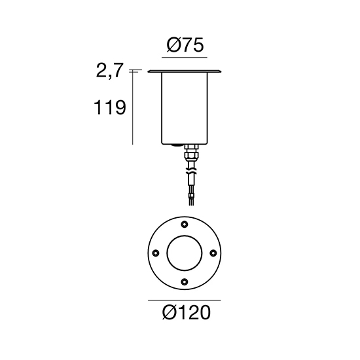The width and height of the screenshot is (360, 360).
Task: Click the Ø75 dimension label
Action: pyautogui.click(x=185, y=45)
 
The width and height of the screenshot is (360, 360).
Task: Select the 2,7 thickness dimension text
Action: pyautogui.click(x=110, y=70)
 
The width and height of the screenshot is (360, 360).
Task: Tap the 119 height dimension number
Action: pyautogui.click(x=110, y=107)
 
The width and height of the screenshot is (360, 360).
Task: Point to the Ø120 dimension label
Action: pyautogui.click(x=187, y=312)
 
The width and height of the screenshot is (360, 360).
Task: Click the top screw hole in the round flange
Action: pyautogui.click(x=185, y=225)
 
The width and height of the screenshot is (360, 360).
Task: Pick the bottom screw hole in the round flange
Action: pyautogui.click(x=185, y=281)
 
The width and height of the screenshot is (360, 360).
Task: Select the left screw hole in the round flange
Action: pyautogui.click(x=156, y=253)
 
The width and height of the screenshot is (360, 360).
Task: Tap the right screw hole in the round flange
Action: pyautogui.click(x=213, y=253)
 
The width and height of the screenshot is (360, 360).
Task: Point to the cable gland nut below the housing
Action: pyautogui.click(x=191, y=153)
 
